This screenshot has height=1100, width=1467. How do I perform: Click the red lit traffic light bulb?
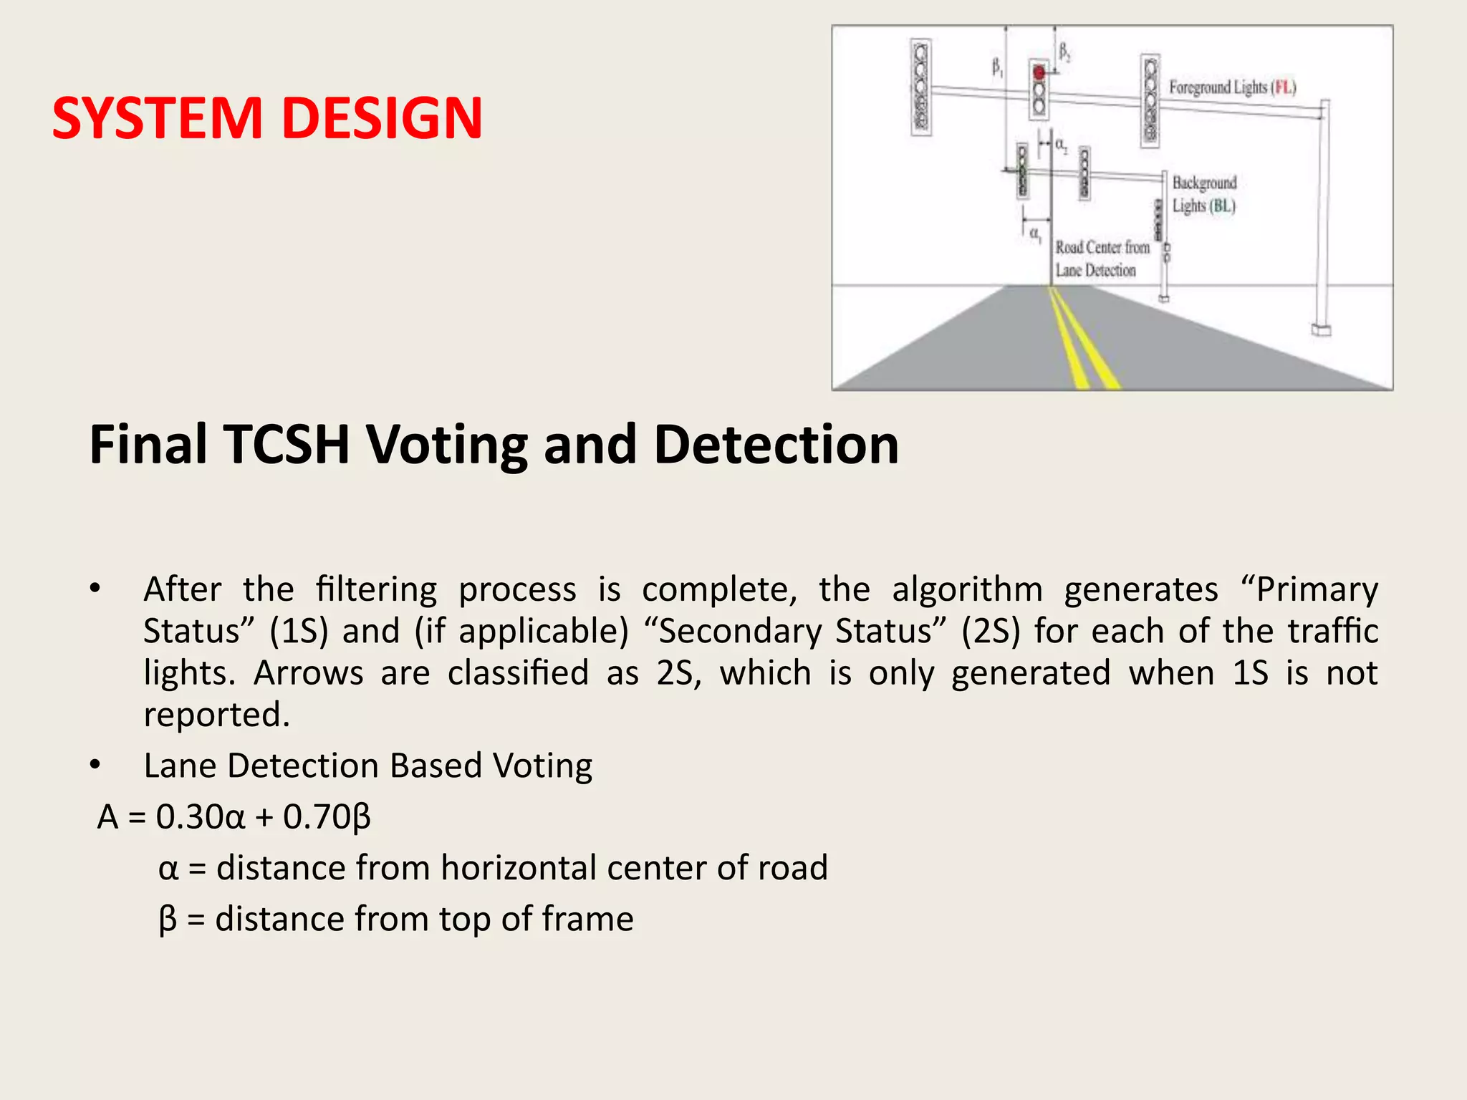coord(1039,72)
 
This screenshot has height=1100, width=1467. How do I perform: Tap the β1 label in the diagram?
coord(997,68)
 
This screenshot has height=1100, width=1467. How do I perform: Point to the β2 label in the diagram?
coord(1064,52)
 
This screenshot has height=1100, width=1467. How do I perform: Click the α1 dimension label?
coord(1035,234)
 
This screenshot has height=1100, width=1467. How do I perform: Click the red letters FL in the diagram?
coord(1284,87)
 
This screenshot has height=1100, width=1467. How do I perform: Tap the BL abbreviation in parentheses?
coord(1222,206)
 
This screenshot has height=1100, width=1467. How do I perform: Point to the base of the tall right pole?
coord(1321,329)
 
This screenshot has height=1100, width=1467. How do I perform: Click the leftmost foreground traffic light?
coord(921,87)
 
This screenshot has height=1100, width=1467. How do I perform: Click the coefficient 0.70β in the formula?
coord(327,817)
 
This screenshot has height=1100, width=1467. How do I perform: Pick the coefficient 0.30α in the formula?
coord(201,817)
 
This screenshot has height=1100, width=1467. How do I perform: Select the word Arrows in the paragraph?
coord(308,673)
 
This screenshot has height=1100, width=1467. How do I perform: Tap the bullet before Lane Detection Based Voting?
coord(95,766)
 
